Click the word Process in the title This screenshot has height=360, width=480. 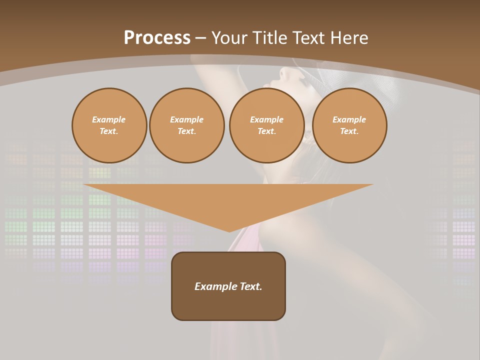(x=157, y=38)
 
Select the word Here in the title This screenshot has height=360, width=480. (x=348, y=38)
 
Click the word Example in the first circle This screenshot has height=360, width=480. (x=109, y=119)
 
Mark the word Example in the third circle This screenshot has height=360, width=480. (x=266, y=119)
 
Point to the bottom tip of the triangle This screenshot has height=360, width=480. (x=229, y=231)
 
